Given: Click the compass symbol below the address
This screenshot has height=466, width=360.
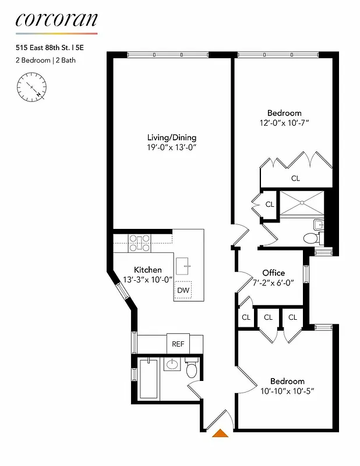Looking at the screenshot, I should pos(32,88).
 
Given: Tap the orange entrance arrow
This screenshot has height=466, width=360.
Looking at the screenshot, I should pos(220,433).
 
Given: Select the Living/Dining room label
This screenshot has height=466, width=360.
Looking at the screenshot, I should pos(171,137).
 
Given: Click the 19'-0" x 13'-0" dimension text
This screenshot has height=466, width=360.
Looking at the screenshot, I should pos(171,148).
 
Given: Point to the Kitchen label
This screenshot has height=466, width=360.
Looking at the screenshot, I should pos(148,270).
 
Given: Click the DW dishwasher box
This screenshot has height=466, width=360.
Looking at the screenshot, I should pos(183,290).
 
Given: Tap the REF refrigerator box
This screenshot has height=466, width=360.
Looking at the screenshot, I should pos(178,344).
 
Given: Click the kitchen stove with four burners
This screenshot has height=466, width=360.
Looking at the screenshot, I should pos(140,242).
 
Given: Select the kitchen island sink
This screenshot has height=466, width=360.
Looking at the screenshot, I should pos(185,264).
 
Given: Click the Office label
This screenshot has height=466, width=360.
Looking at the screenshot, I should pos(273,273).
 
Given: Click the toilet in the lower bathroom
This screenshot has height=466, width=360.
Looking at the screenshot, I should pos(192,369).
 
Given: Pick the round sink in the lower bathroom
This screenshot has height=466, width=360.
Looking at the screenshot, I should pos(171,365).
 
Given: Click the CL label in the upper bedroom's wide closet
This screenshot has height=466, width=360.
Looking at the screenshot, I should pos(295,178).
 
